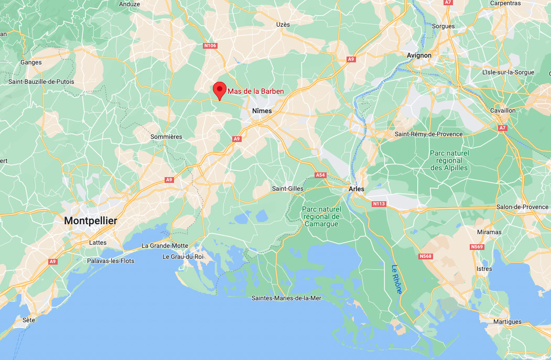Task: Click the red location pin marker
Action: [220, 91]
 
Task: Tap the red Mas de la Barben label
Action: [256, 92]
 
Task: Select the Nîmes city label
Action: [262, 111]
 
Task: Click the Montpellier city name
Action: [91, 221]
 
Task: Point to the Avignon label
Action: [419, 56]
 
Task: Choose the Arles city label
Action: [356, 189]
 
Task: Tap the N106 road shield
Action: [210, 46]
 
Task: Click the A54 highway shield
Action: [320, 175]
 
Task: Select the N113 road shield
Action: [379, 203]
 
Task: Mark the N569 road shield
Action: [477, 246]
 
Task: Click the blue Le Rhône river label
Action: [396, 279]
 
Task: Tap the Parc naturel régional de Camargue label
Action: [321, 216]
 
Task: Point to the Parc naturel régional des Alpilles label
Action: [449, 160]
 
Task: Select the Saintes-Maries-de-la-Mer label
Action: [286, 298]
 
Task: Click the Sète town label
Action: [29, 319]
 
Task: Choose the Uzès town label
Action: [283, 25]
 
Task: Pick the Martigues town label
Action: [507, 322]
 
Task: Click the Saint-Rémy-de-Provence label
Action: [429, 134]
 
